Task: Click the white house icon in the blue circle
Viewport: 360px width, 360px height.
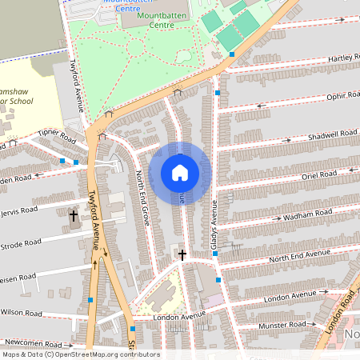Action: [x=180, y=173]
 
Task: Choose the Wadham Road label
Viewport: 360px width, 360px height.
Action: [x=312, y=214]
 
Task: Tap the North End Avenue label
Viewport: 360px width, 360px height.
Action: [x=299, y=256]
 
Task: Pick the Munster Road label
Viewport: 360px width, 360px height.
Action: [x=284, y=325]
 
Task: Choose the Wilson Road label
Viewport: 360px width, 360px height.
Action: [x=21, y=313]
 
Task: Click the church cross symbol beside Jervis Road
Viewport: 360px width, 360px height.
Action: [x=74, y=215]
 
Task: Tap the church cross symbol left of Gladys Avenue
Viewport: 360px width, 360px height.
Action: [x=182, y=254]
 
